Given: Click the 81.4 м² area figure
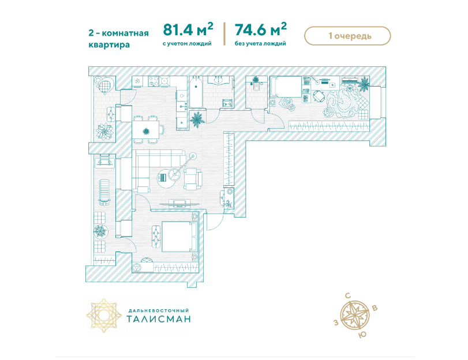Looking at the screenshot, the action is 188,29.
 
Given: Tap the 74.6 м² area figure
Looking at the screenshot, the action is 261,29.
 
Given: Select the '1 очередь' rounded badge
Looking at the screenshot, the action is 347,36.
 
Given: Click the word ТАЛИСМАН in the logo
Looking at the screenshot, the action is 159,319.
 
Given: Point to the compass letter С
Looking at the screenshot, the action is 348,296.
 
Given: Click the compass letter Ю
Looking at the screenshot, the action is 362,335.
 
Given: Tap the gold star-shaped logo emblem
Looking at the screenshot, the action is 104,315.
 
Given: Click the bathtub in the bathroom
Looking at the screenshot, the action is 196,92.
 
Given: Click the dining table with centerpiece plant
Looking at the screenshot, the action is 145,130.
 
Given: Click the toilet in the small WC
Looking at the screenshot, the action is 257,85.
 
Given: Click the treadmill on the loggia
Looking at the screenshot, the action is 104,192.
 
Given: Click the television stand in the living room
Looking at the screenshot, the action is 179,204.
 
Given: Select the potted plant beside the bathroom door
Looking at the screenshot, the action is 197,119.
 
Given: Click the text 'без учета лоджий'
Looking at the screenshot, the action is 260,44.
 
